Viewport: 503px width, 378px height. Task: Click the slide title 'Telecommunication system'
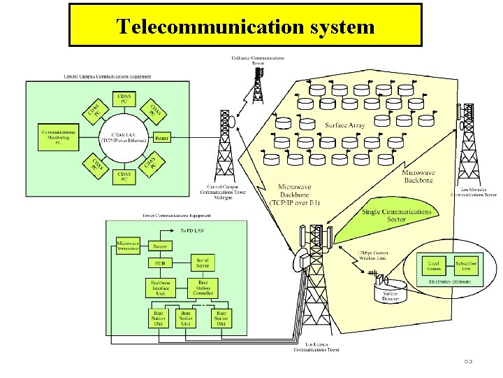pyautogui.click(x=245, y=27)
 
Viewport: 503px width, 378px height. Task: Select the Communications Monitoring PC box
pyautogui.click(x=58, y=136)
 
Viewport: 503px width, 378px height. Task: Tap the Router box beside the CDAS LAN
pyautogui.click(x=161, y=137)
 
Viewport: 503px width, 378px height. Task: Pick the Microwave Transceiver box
pyautogui.click(x=128, y=242)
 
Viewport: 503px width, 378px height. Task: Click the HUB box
pyautogui.click(x=160, y=263)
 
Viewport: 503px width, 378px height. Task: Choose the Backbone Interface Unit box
pyautogui.click(x=160, y=288)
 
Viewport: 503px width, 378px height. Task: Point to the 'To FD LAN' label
pyautogui.click(x=193, y=230)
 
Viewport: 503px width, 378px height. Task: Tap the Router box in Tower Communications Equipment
pyautogui.click(x=160, y=246)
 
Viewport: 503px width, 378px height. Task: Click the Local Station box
pyautogui.click(x=435, y=266)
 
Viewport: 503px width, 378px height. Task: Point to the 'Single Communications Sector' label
pyautogui.click(x=396, y=215)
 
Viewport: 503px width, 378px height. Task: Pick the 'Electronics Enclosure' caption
pyautogui.click(x=449, y=281)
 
